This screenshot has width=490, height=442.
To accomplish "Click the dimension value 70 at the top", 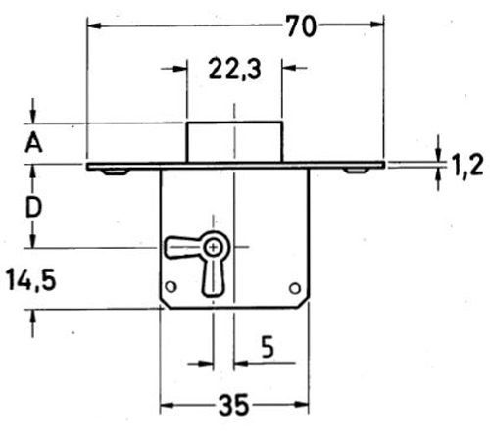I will (302, 26).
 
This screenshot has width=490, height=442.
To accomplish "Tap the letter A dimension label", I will (33, 143).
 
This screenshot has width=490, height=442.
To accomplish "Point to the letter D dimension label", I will (33, 207).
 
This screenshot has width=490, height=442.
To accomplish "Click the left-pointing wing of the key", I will (181, 247).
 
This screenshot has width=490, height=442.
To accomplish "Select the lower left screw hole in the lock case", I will (171, 288).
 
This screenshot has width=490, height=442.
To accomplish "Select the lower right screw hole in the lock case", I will (295, 288).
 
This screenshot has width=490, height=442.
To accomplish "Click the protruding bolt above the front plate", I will (233, 142).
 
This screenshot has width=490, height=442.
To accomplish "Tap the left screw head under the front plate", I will (116, 172).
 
